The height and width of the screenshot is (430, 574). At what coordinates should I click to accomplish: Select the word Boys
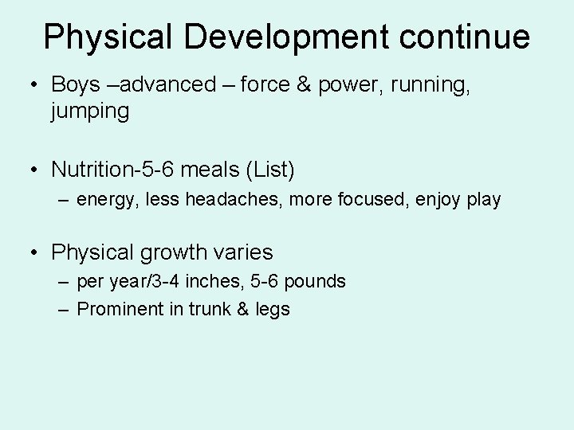[x=76, y=84]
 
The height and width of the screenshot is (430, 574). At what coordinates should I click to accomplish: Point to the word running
[x=431, y=84]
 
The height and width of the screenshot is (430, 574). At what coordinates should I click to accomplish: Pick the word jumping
[x=89, y=111]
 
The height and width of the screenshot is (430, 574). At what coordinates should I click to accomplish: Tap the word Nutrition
[x=91, y=169]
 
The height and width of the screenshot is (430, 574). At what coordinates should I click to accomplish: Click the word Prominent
[x=120, y=309]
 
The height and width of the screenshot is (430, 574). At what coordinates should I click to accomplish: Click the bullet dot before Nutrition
[x=35, y=169]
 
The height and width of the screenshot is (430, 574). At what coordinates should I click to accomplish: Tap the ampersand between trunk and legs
[x=242, y=309]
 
